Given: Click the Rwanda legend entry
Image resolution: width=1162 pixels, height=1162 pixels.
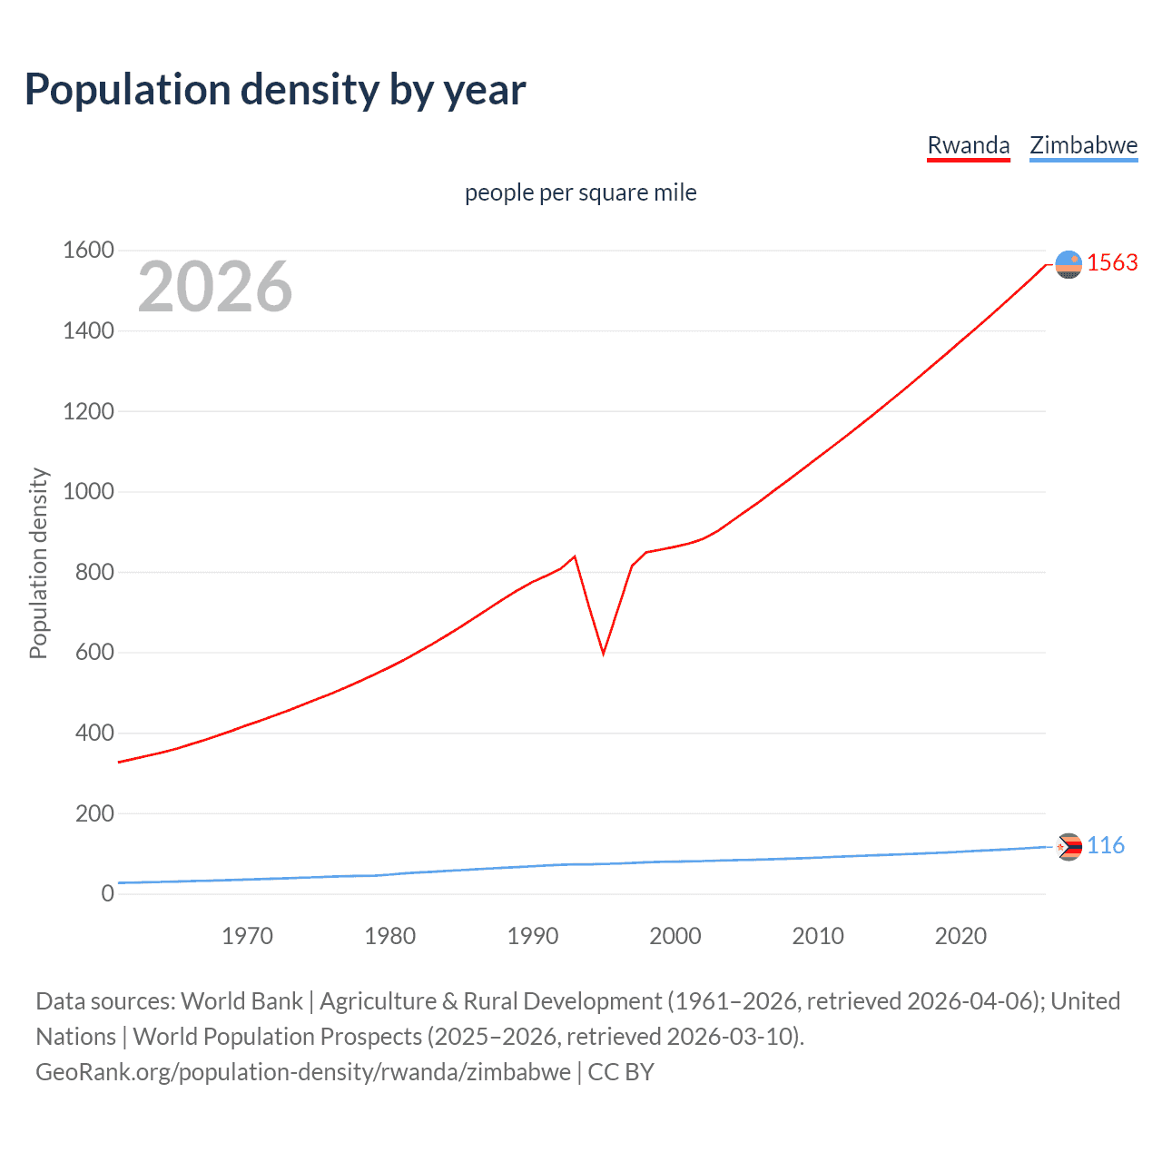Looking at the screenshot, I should pyautogui.click(x=968, y=145).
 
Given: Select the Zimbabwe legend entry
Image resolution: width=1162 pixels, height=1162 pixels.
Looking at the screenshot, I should pyautogui.click(x=1083, y=145).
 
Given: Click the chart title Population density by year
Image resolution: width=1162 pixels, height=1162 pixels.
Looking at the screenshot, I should pyautogui.click(x=275, y=90).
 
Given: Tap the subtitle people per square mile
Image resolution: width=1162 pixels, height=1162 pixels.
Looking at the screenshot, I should pyautogui.click(x=580, y=193).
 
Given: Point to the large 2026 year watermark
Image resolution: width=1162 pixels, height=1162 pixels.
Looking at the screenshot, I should pyautogui.click(x=215, y=287).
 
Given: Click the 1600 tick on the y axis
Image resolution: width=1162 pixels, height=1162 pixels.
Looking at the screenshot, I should pyautogui.click(x=88, y=251).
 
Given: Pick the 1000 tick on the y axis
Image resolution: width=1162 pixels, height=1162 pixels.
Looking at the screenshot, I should pyautogui.click(x=88, y=492).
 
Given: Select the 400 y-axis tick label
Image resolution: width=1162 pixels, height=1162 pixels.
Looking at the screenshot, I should pyautogui.click(x=94, y=733).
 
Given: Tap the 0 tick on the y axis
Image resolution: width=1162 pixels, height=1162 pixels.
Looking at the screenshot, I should pyautogui.click(x=107, y=893).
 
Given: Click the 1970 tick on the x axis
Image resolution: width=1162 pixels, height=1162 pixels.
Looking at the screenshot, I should pyautogui.click(x=247, y=936).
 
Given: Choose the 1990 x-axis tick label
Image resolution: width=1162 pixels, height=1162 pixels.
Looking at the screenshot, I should pyautogui.click(x=533, y=936).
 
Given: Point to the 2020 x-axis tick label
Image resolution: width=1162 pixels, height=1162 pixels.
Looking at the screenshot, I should pyautogui.click(x=960, y=936).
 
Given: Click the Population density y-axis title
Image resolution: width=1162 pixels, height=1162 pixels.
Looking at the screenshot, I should pyautogui.click(x=38, y=563).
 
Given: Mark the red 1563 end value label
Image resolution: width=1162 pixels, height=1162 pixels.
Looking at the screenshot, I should pyautogui.click(x=1112, y=263).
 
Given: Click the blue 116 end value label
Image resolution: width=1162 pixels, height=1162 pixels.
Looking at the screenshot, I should pyautogui.click(x=1105, y=846).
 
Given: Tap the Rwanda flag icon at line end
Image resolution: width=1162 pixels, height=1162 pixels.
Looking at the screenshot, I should pyautogui.click(x=1068, y=264).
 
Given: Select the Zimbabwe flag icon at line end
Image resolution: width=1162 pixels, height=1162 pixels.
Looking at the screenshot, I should pyautogui.click(x=1068, y=847).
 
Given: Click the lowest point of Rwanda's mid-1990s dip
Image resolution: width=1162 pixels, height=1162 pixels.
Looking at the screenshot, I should pyautogui.click(x=604, y=653).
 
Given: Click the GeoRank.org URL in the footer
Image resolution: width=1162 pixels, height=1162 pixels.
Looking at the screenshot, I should pyautogui.click(x=303, y=1072).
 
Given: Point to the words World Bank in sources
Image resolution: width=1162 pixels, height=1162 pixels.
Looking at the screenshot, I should pyautogui.click(x=241, y=1001).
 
